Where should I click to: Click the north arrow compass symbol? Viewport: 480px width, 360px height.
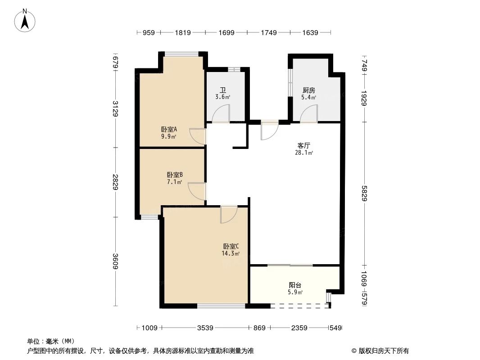[x=26, y=20]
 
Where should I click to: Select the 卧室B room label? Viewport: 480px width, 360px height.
[x=174, y=175]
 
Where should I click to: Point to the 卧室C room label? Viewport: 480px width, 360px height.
[x=231, y=246]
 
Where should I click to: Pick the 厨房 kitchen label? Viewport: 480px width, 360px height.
[x=309, y=90]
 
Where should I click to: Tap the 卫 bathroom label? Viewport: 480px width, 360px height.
[x=223, y=90]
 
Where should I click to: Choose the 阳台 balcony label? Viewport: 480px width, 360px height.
[x=295, y=285]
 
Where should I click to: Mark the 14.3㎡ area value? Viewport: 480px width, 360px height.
[x=231, y=253]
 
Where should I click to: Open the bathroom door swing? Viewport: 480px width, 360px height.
[x=221, y=113]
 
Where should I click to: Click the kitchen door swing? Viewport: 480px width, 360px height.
[x=309, y=113]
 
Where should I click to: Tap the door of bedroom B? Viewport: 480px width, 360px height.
[x=197, y=191]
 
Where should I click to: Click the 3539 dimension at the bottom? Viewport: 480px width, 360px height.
[x=205, y=328]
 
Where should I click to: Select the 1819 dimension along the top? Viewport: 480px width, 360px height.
[x=183, y=32]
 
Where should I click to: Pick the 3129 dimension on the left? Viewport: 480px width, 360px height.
[x=116, y=108]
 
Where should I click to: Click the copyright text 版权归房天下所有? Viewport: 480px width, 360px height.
[x=380, y=351]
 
